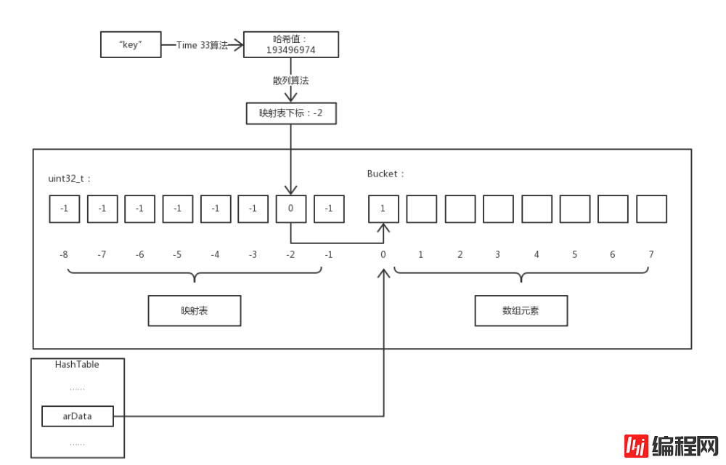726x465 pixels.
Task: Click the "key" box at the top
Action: pos(130,44)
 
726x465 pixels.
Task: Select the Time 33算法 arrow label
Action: pos(202,45)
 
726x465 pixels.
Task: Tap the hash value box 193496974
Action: pos(290,44)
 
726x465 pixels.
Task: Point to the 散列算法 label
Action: pos(290,81)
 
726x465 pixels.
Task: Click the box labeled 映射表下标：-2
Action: pos(290,113)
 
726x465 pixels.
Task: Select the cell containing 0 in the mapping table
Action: pos(290,209)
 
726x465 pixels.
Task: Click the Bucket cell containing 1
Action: pos(383,209)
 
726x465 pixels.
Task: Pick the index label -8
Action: pos(64,255)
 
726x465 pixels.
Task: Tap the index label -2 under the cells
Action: pos(290,255)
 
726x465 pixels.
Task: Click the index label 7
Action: pos(651,255)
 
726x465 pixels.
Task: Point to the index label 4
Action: pos(537,255)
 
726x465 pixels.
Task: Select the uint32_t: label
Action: pos(70,177)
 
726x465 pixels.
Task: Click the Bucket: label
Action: pos(386,174)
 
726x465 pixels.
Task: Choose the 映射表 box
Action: pos(194,310)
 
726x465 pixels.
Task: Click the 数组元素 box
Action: pos(521,310)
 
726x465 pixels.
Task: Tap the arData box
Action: pos(78,416)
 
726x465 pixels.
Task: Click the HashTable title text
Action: pos(77,365)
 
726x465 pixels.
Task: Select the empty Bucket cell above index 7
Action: pos(651,209)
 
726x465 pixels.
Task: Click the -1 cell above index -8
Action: pos(64,209)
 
